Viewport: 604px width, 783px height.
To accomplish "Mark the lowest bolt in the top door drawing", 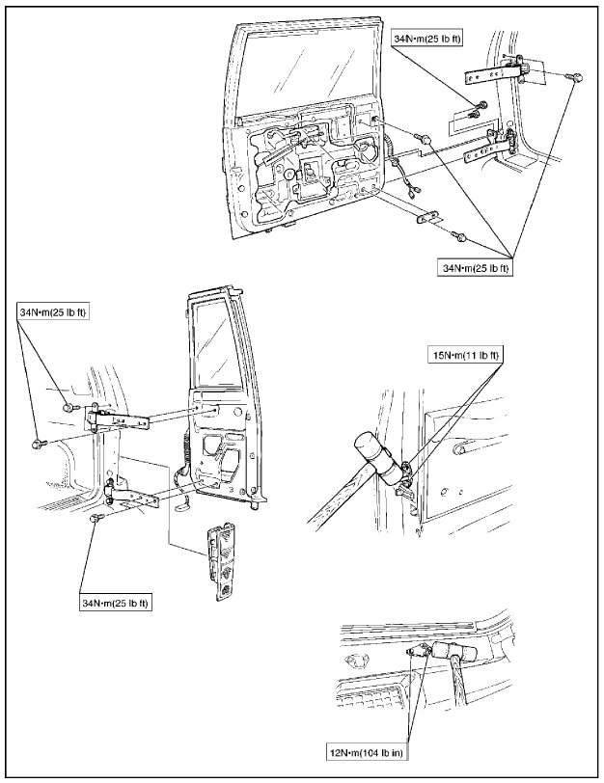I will (462, 234).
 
